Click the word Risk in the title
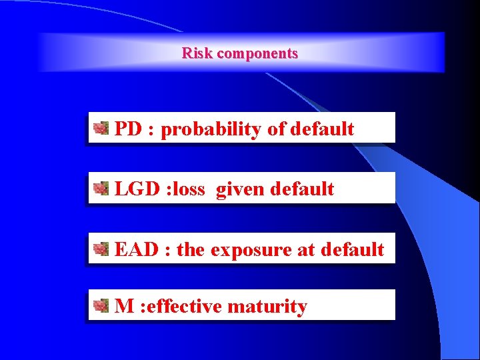point(197,53)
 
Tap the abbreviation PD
point(128,129)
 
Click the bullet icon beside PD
point(101,128)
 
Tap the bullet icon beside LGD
point(101,189)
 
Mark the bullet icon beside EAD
point(101,249)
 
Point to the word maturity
point(267,307)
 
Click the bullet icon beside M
point(101,306)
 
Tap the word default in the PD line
point(323,129)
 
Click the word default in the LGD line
point(302,189)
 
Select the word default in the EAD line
point(352,249)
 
